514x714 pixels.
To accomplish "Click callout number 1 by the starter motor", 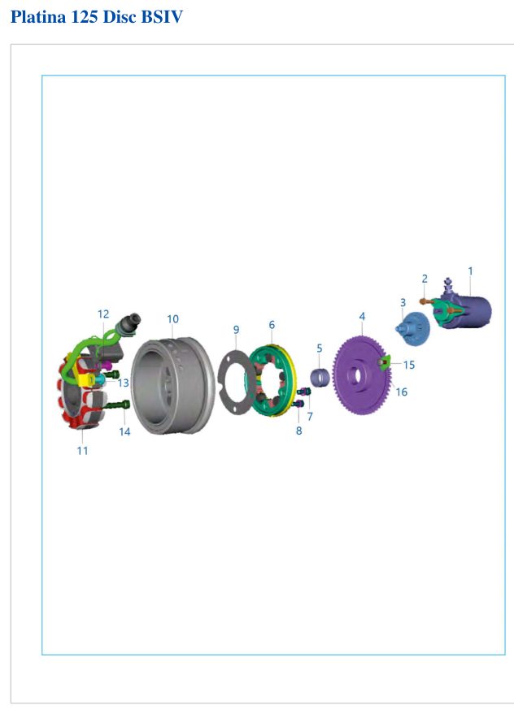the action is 470,271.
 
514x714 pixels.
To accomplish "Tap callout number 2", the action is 425,279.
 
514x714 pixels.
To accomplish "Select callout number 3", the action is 403,302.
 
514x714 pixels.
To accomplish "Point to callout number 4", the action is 362,316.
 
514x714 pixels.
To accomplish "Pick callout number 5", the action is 320,348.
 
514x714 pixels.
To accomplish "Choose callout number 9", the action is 236,330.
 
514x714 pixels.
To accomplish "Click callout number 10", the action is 172,319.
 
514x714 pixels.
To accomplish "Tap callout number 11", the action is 82,451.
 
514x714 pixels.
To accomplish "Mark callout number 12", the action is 103,314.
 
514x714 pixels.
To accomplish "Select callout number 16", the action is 401,392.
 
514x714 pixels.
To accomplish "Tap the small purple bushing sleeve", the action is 320,378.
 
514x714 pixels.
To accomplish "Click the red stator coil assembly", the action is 68,396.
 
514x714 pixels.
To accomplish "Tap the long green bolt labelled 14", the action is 118,405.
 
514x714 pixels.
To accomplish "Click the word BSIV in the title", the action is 162,17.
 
